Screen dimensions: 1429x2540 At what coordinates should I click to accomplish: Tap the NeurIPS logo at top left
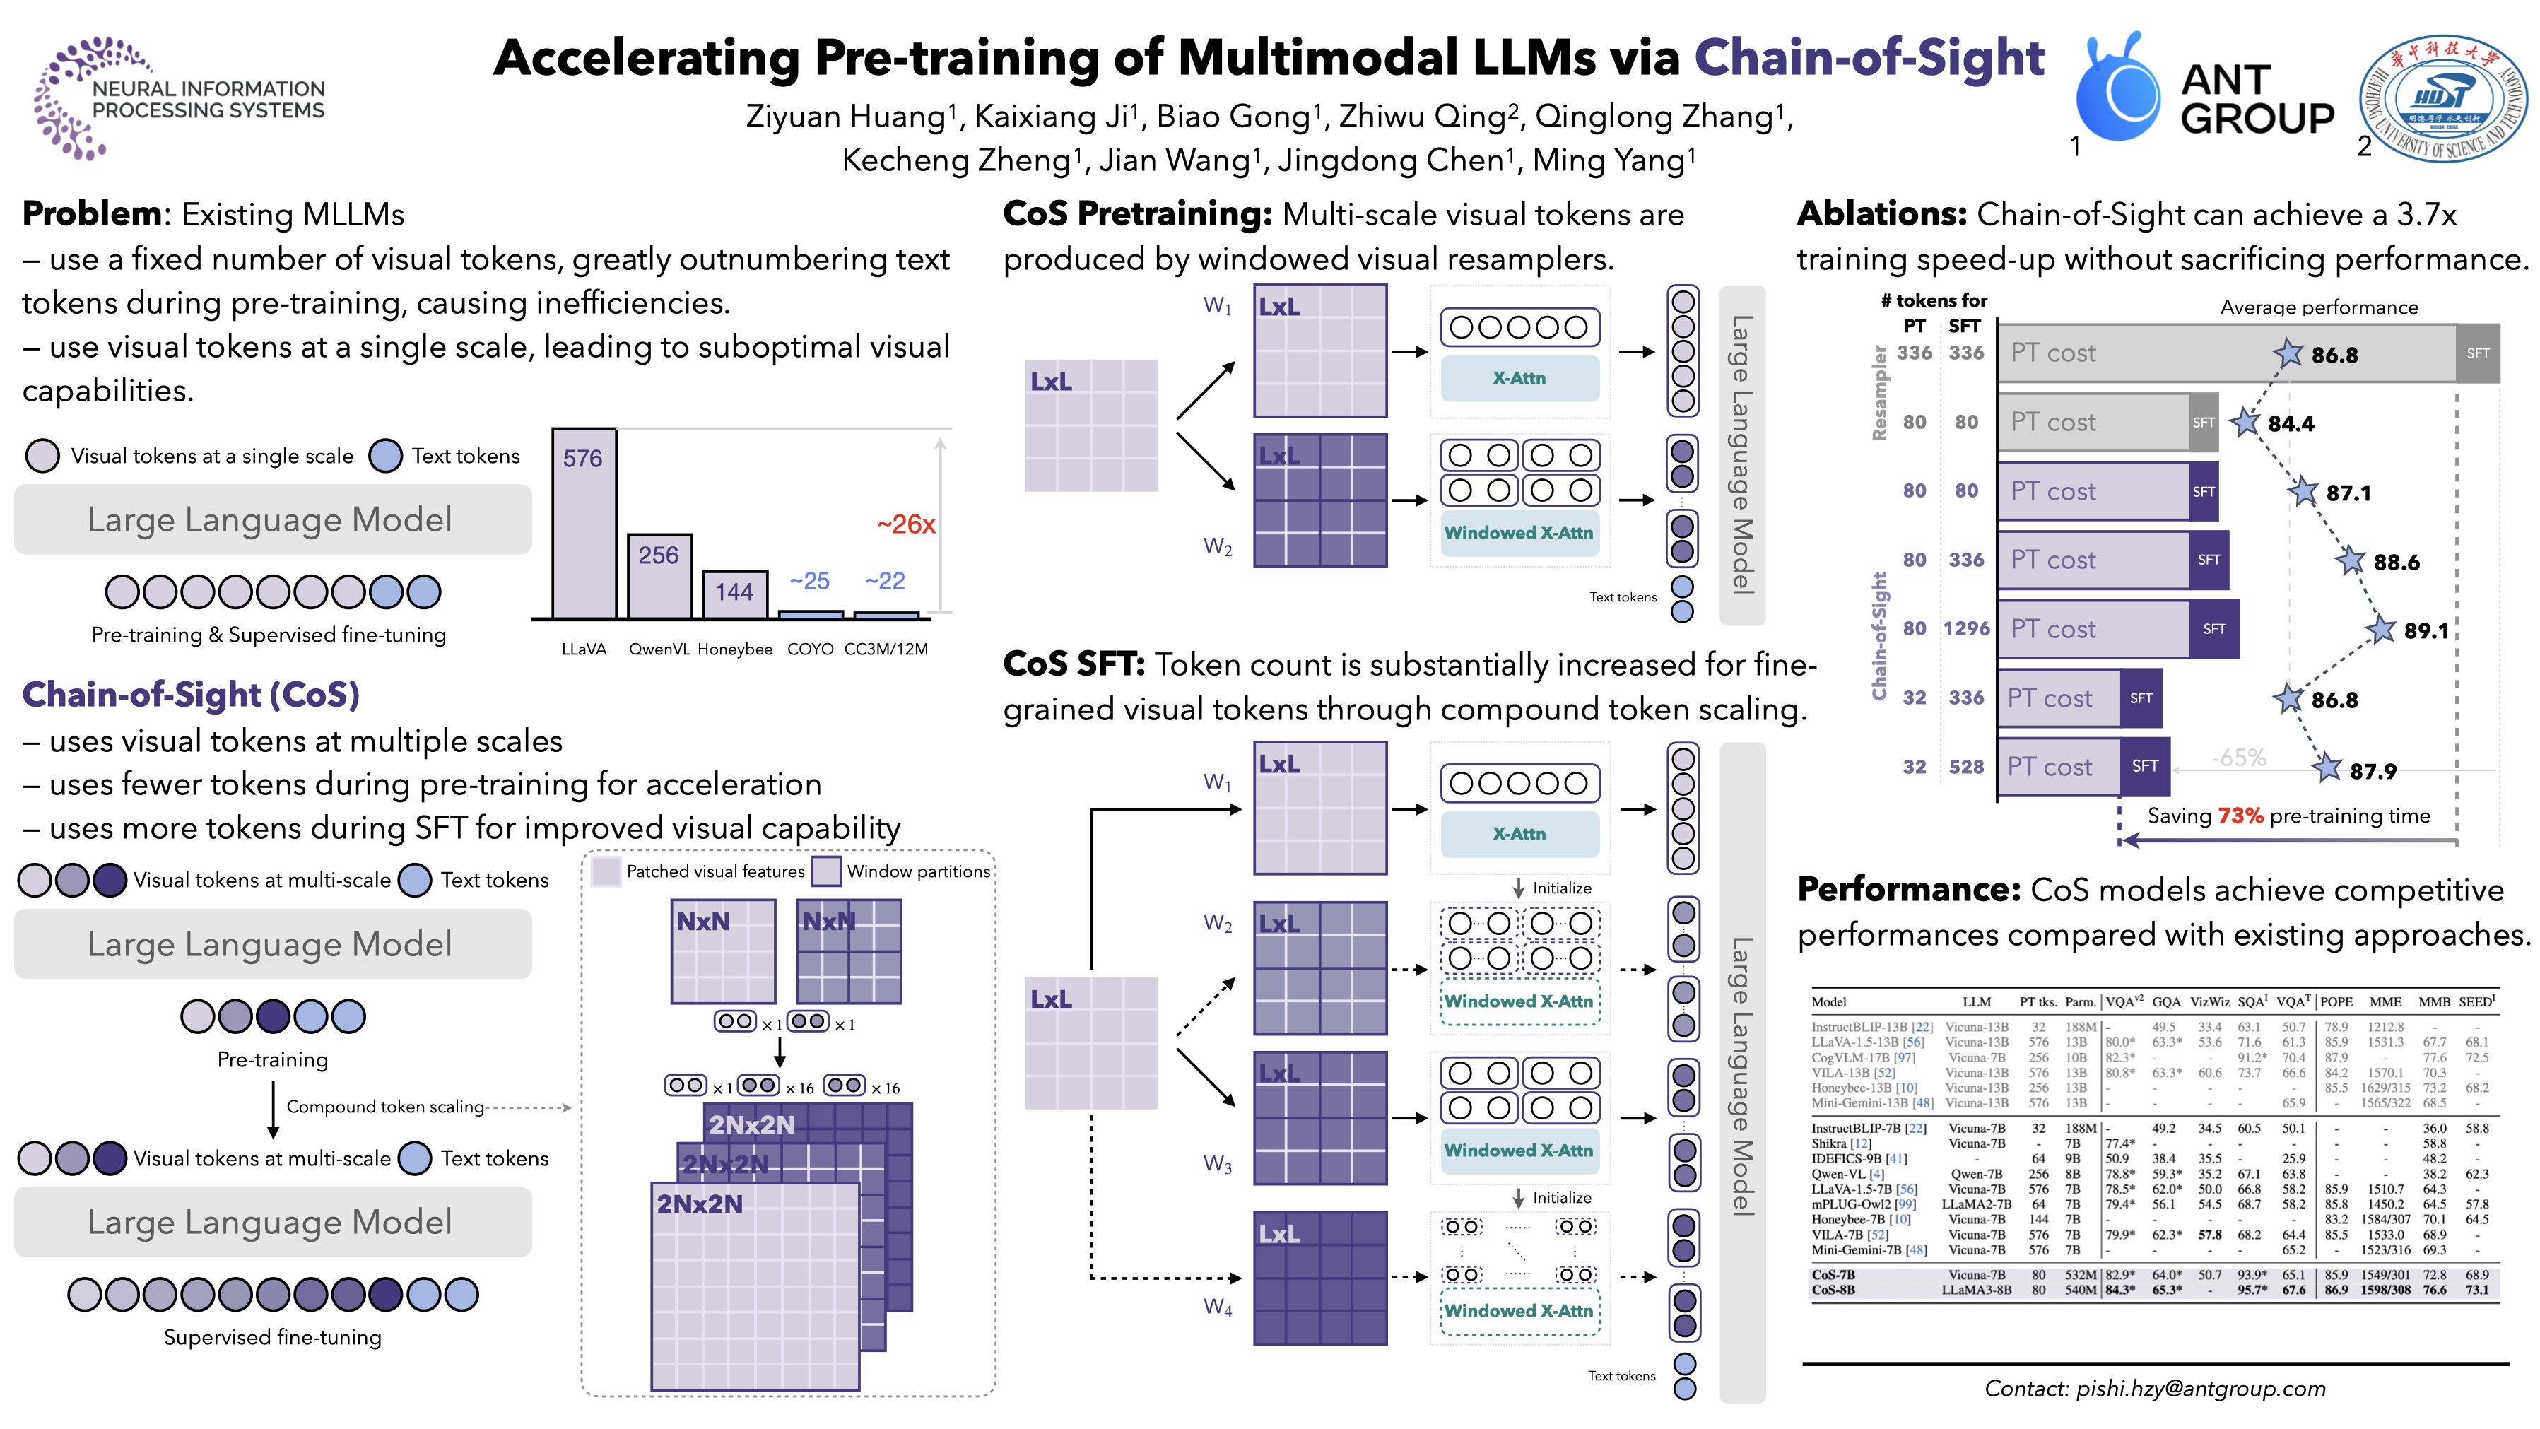click(x=177, y=99)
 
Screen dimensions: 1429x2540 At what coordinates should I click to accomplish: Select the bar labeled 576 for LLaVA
click(x=584, y=523)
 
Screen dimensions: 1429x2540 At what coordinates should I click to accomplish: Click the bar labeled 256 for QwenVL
click(x=659, y=576)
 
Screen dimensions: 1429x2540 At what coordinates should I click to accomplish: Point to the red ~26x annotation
click(x=905, y=524)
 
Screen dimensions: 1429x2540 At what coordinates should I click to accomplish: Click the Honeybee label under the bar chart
click(x=734, y=649)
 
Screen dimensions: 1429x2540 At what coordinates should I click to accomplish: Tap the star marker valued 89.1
click(x=2381, y=629)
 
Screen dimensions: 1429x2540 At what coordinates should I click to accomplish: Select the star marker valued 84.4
click(x=2246, y=422)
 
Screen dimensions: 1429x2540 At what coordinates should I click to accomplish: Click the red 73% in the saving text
click(x=2240, y=816)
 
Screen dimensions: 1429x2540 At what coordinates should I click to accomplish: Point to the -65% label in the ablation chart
click(x=2238, y=758)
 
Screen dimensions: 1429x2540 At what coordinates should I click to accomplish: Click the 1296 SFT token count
click(x=1966, y=628)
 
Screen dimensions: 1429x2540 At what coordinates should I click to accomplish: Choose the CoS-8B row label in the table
click(x=1833, y=1290)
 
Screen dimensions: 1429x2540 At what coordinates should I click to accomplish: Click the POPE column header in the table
click(x=2336, y=1002)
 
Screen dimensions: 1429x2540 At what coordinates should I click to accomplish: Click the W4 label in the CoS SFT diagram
click(x=1218, y=1307)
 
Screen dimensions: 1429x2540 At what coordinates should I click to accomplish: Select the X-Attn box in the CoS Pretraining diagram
click(x=1519, y=377)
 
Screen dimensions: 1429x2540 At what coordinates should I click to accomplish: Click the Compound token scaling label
click(x=384, y=1107)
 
